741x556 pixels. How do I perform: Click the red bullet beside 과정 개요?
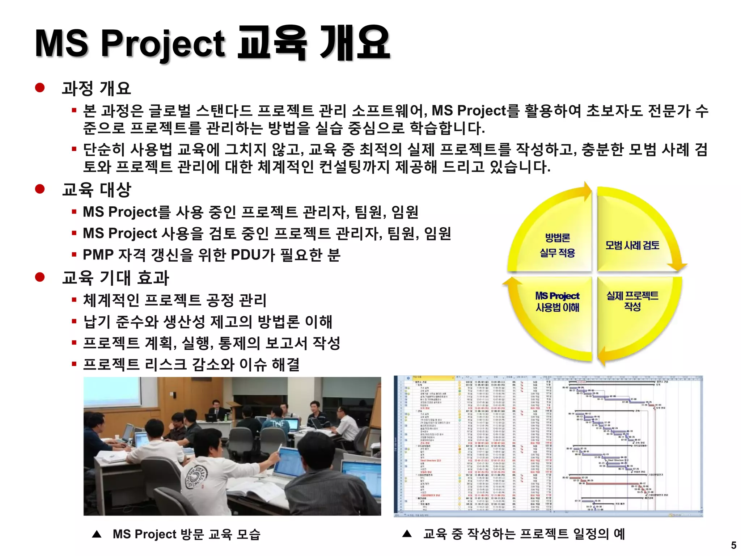pyautogui.click(x=40, y=88)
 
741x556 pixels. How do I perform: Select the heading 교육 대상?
pyautogui.click(x=96, y=189)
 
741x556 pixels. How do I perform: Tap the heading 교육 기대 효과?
pyautogui.click(x=115, y=278)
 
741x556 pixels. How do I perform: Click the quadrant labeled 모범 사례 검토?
pyautogui.click(x=632, y=245)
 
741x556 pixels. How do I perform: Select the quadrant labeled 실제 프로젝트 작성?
pyautogui.click(x=632, y=301)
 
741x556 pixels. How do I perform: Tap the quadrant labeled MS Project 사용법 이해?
pyautogui.click(x=557, y=302)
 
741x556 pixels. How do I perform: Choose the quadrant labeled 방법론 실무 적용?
pyautogui.click(x=557, y=245)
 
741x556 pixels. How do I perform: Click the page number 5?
pyautogui.click(x=733, y=545)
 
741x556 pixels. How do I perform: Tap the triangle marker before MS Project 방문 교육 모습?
pyautogui.click(x=97, y=534)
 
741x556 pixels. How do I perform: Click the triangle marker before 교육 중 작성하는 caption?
pyautogui.click(x=407, y=534)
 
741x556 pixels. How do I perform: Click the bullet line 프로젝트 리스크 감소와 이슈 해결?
pyautogui.click(x=191, y=364)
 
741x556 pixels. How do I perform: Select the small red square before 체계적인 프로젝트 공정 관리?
pyautogui.click(x=74, y=300)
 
